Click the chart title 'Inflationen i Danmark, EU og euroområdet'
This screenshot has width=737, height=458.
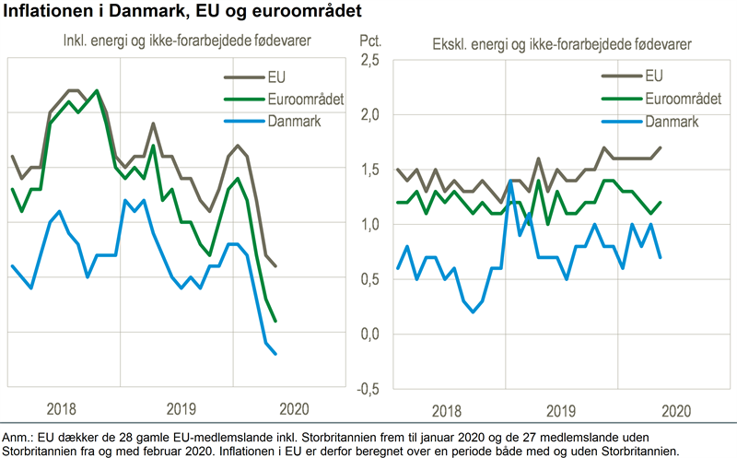182,12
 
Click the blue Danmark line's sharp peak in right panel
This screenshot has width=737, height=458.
509,182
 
